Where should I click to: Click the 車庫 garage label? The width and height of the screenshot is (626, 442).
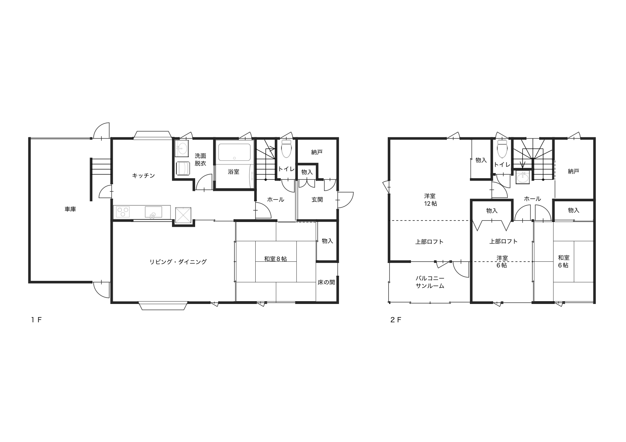[70, 209]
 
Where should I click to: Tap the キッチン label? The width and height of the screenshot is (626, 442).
[143, 175]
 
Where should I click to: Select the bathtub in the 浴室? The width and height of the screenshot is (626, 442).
[234, 152]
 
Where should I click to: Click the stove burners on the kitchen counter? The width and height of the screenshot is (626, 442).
[123, 212]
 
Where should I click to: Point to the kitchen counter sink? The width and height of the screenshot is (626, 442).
[153, 212]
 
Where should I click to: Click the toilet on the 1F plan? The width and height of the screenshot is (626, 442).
[286, 149]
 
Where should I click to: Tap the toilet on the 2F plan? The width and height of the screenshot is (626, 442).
[502, 148]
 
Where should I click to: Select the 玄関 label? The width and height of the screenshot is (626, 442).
[317, 200]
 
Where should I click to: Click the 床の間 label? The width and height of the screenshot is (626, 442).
[326, 282]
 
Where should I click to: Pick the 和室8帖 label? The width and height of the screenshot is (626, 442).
[276, 259]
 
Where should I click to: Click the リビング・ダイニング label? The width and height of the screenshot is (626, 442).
[178, 262]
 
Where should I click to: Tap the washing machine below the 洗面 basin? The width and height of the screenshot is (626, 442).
[183, 168]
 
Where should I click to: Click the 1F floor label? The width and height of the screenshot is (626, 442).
[36, 320]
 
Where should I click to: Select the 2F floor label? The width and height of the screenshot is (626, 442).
[396, 320]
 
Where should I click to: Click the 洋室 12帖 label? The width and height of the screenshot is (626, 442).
[430, 200]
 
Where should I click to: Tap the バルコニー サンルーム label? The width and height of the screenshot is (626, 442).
[430, 282]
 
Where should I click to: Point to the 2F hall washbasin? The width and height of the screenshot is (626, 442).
[522, 177]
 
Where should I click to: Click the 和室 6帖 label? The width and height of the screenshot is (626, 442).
[563, 261]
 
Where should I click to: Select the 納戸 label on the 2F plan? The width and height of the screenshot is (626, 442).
[573, 171]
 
